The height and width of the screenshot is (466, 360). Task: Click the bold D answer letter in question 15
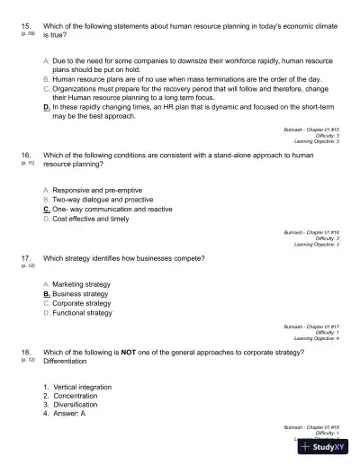pos(46,107)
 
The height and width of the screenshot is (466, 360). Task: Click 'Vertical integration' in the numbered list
pos(82,387)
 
